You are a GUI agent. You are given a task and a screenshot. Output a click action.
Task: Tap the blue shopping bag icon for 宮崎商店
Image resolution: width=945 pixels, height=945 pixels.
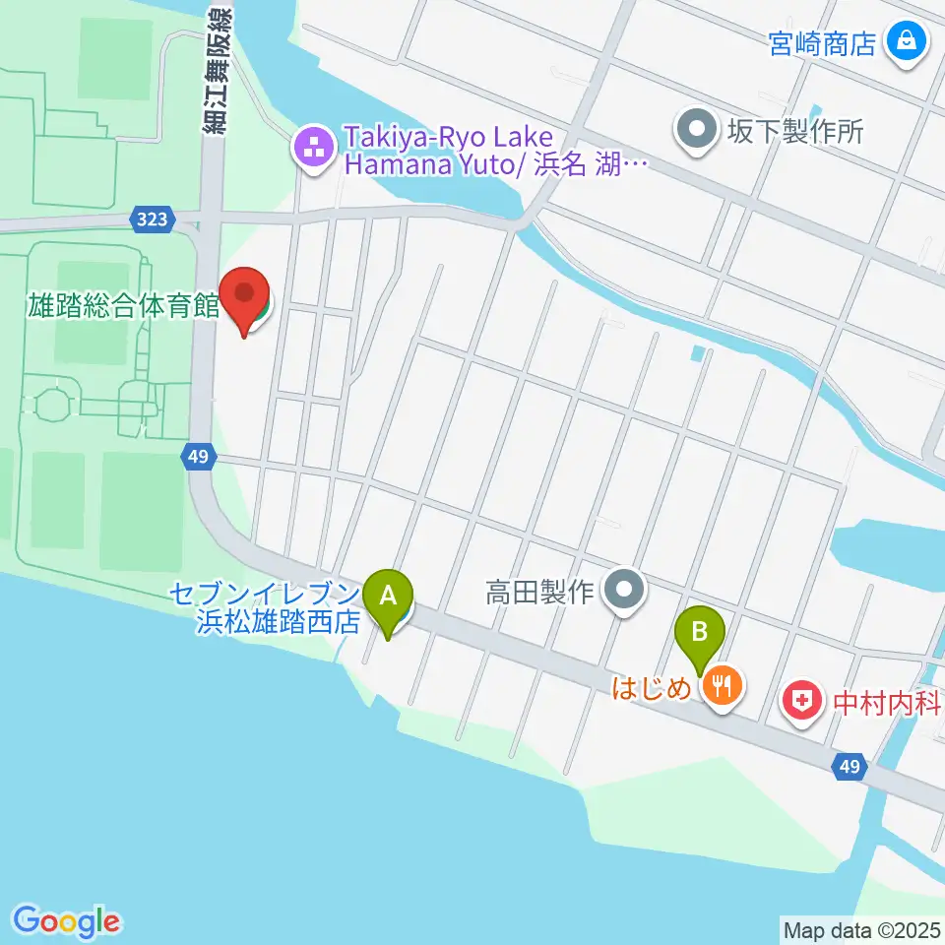coord(903,41)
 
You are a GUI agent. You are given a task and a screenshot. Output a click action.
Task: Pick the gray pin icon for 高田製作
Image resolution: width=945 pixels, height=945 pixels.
coord(623,592)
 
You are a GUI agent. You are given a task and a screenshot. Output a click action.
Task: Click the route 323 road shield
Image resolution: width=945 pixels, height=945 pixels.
coord(153,219)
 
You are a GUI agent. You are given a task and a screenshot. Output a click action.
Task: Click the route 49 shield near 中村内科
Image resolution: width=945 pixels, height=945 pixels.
coord(851,766)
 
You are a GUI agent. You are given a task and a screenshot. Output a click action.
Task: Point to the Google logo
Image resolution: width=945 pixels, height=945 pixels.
coord(67,921)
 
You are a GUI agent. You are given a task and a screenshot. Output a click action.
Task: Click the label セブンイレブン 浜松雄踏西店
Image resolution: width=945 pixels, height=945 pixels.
coord(264,609)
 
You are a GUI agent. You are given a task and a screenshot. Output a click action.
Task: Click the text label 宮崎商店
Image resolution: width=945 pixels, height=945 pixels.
coord(823,43)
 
